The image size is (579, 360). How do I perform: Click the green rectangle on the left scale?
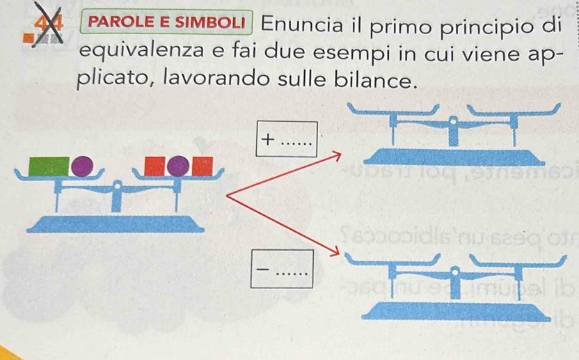pyautogui.click(x=49, y=166)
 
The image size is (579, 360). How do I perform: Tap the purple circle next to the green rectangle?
pyautogui.click(x=82, y=166)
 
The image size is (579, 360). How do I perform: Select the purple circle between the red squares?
pyautogui.click(x=178, y=166)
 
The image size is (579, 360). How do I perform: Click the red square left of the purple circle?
pyautogui.click(x=154, y=166)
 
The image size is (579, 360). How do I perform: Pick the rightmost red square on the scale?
pyautogui.click(x=203, y=166)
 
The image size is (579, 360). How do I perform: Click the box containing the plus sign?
pyautogui.click(x=287, y=139)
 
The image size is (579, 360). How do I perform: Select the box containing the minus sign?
pyautogui.click(x=282, y=269)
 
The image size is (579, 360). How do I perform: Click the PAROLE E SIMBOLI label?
pyautogui.click(x=166, y=22)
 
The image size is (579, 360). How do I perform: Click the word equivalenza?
pyautogui.click(x=142, y=51)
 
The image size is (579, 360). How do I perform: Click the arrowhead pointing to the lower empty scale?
pyautogui.click(x=335, y=251)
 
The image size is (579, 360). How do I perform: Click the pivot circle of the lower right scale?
pyautogui.click(x=455, y=273)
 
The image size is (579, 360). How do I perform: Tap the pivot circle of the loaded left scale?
pyautogui.click(x=118, y=185)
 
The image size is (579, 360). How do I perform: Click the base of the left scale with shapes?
pyautogui.click(x=116, y=224)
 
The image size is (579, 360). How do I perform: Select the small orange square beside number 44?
pyautogui.click(x=27, y=38)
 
